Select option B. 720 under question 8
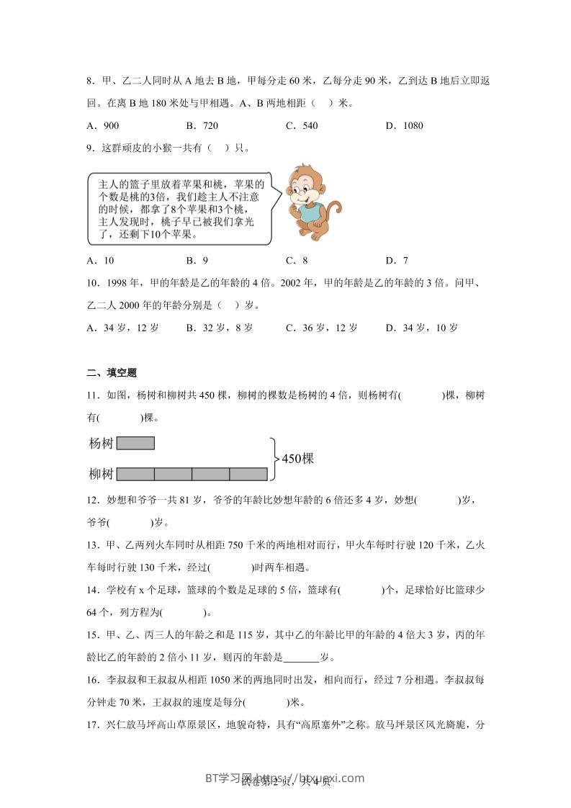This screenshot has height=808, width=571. coord(202,125)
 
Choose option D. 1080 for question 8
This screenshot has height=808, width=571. coord(405,125)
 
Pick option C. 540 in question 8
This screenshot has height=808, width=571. coord(302,125)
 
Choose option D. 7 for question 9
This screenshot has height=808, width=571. coord(397,261)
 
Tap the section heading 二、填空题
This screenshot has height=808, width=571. coord(112,372)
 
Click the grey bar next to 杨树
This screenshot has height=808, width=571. coord(135,443)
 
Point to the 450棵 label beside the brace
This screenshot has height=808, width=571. coord(297,458)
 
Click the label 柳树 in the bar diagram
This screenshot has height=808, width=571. coord(101,473)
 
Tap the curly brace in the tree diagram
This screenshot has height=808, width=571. coord(273,458)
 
